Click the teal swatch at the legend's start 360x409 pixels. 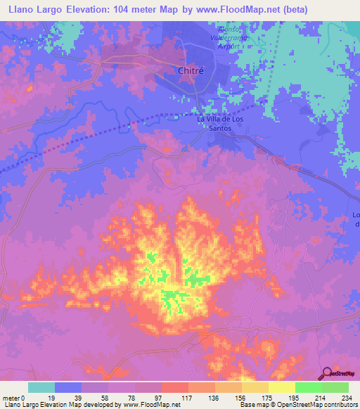[41, 387]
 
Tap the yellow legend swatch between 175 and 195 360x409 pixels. [282, 387]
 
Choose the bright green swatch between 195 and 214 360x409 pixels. [309, 387]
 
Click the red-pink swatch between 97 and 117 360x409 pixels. [175, 387]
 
